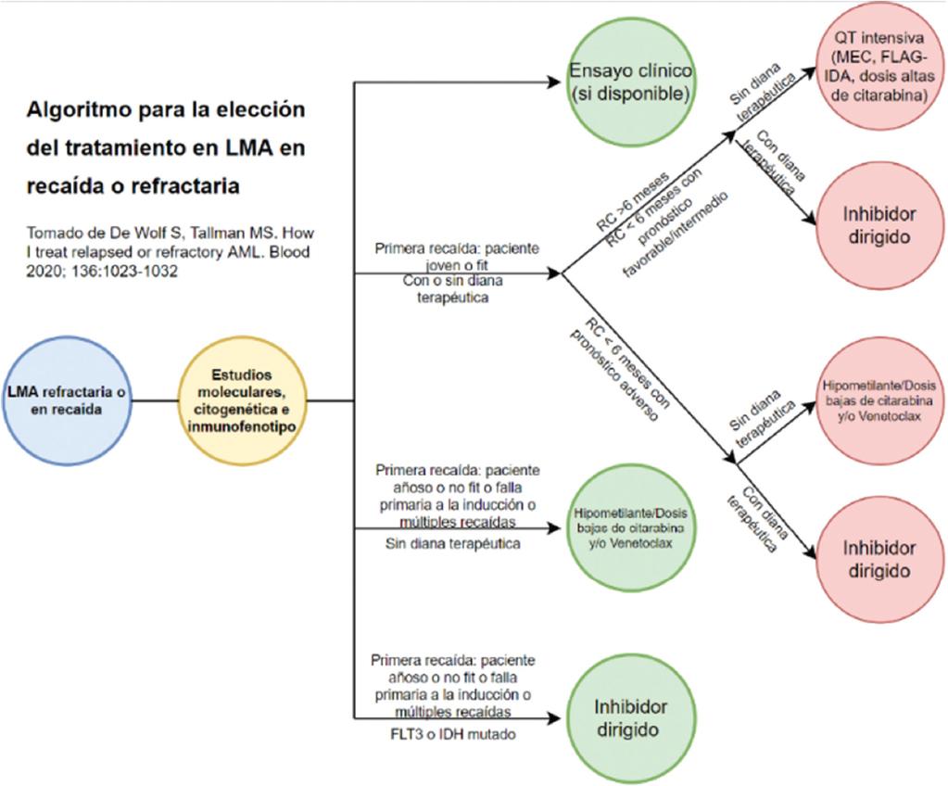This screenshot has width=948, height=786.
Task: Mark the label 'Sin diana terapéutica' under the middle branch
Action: tap(452, 543)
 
